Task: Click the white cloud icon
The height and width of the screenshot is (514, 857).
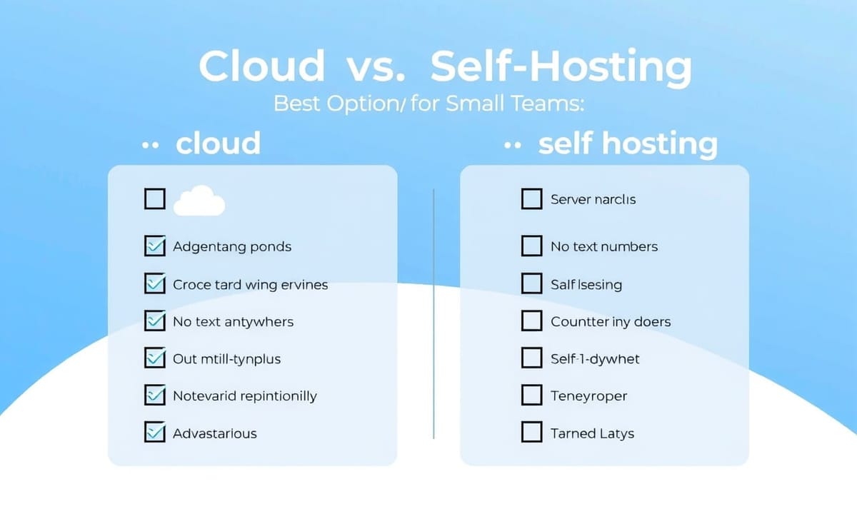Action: click(x=199, y=201)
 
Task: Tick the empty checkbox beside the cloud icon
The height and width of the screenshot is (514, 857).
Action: click(x=155, y=199)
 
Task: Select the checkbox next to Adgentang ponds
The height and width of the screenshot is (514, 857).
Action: click(x=155, y=246)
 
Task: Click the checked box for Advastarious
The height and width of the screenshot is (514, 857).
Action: click(x=155, y=432)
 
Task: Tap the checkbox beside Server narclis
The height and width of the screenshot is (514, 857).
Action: click(x=532, y=199)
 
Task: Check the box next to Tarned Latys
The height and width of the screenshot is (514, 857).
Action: click(x=532, y=432)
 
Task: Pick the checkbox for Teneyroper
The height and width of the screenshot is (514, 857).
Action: click(x=532, y=395)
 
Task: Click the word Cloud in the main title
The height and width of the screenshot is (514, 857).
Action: click(x=261, y=65)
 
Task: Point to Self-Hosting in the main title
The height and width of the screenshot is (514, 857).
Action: click(x=561, y=66)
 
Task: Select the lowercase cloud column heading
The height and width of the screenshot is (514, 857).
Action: click(x=218, y=143)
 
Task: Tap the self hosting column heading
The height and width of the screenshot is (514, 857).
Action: click(x=628, y=144)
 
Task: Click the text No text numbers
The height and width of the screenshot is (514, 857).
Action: click(x=604, y=247)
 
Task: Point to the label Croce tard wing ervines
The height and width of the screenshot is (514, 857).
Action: click(x=250, y=285)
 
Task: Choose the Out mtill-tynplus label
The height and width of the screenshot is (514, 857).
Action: click(x=226, y=359)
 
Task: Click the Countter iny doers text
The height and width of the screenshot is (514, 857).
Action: click(x=611, y=322)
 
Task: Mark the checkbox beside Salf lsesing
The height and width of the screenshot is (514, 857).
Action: click(x=532, y=283)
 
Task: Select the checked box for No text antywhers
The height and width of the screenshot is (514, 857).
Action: click(x=155, y=320)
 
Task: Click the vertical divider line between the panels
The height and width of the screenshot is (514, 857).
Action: click(x=433, y=313)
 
